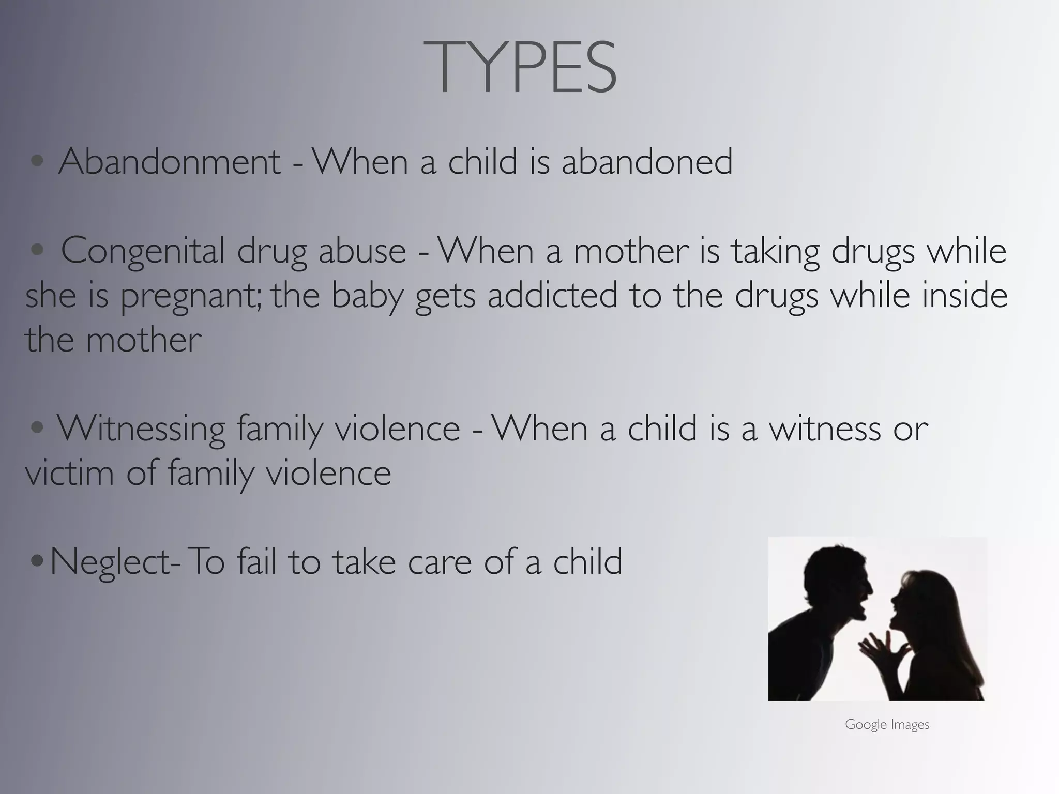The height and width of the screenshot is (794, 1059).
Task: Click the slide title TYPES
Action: pos(520,68)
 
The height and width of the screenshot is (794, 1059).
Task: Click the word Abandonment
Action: pos(170,161)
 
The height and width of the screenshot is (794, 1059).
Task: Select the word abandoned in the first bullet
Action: pos(647,161)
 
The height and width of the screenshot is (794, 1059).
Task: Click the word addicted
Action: pos(552,295)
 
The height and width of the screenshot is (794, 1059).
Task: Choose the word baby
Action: pos(367,296)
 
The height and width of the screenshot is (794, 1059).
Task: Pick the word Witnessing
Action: pos(141,429)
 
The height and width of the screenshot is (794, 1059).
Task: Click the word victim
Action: pos(69,473)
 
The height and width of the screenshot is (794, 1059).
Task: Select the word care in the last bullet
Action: pos(440,562)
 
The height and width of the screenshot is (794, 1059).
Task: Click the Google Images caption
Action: pos(887,725)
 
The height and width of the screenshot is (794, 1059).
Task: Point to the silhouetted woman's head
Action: pos(926,600)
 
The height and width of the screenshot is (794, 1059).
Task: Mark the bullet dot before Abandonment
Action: pos(37,161)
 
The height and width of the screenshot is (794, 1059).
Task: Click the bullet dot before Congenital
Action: pos(37,250)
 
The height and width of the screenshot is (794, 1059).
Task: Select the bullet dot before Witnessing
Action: pos(37,428)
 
